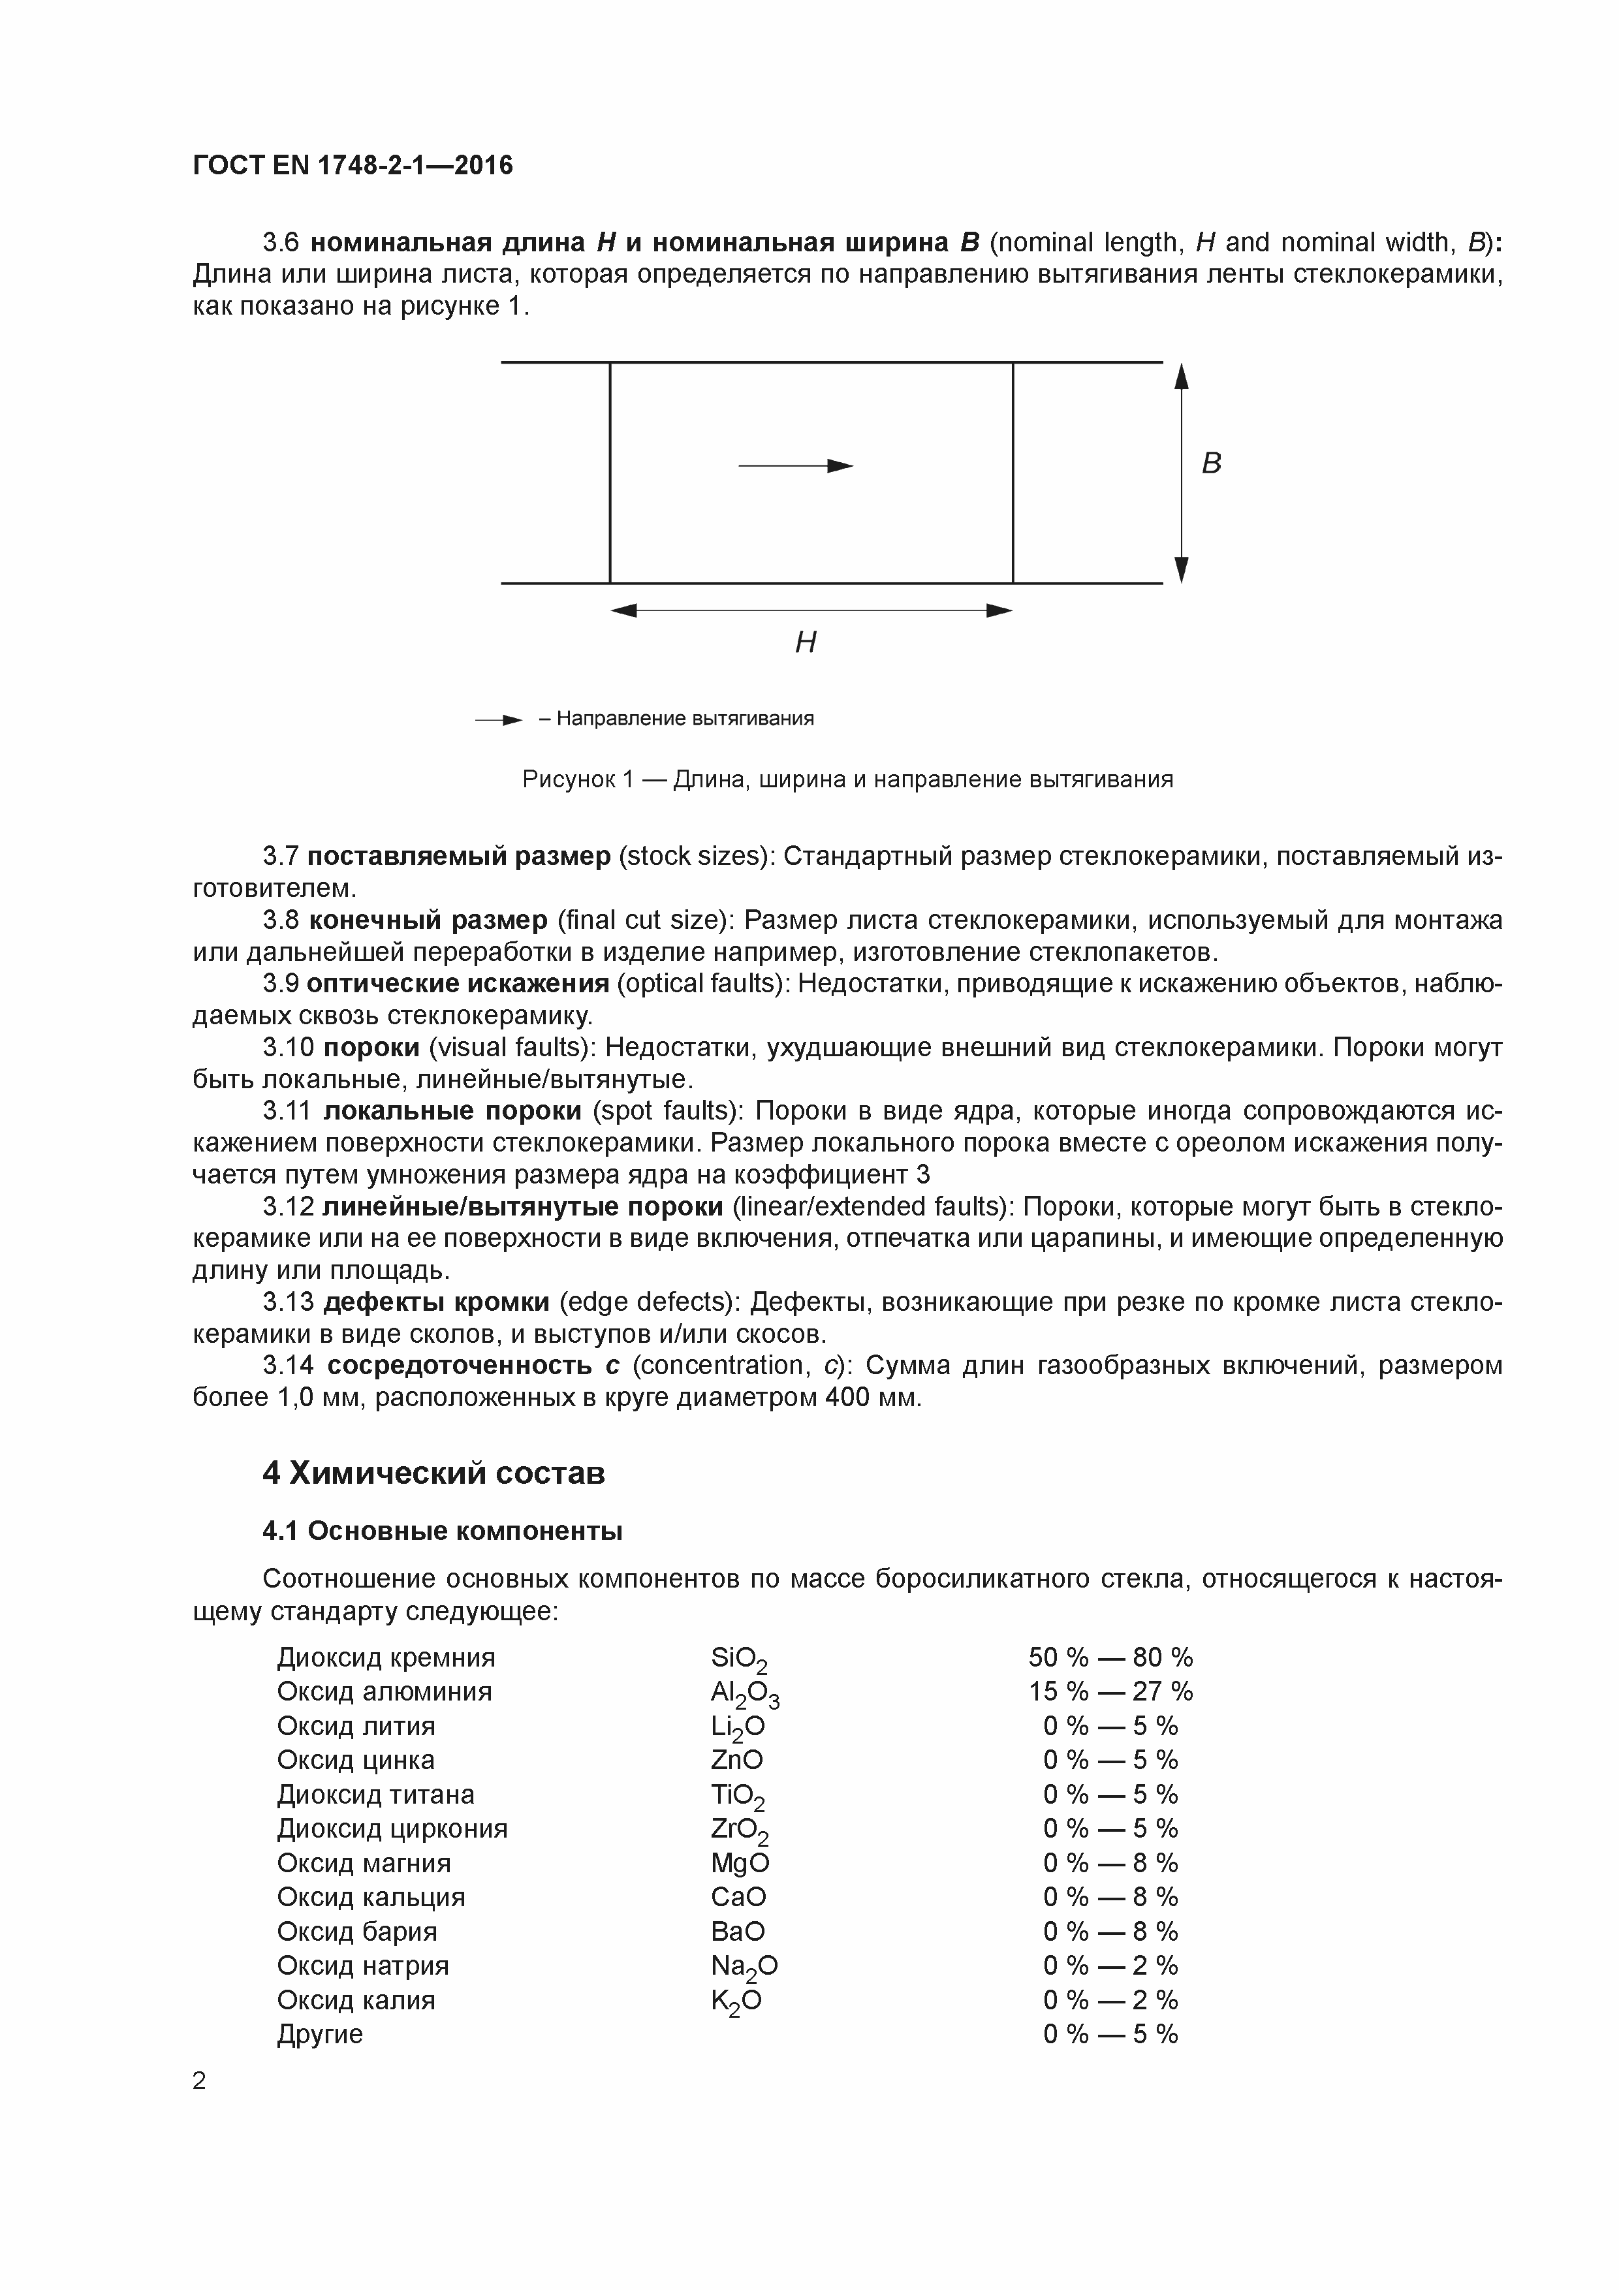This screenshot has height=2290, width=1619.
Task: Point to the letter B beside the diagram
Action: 1211,463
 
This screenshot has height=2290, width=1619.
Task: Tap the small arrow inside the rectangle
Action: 796,466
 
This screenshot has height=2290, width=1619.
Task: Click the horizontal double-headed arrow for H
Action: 811,610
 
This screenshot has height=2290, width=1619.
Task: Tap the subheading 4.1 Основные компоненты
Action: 442,1531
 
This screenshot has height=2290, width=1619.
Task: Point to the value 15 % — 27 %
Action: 1110,1691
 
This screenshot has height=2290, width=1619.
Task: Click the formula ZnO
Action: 736,1761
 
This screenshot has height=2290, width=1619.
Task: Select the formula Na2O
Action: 744,1966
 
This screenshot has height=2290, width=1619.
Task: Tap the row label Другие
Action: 319,2033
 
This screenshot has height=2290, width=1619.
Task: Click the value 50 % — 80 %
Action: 1110,1657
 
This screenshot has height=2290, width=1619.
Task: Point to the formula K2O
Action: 736,2000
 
